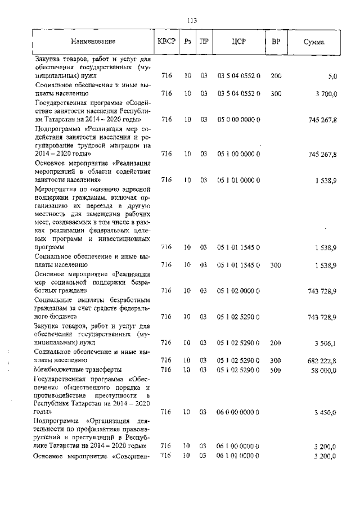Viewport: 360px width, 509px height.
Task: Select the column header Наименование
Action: coord(93,42)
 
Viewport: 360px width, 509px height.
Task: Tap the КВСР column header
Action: coord(166,42)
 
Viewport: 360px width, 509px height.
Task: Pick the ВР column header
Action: coord(276,42)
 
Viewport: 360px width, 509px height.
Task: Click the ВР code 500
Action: coord(276,370)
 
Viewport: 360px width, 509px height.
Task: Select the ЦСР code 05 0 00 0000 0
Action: coord(238,119)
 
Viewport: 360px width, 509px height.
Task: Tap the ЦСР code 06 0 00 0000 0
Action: coord(238,413)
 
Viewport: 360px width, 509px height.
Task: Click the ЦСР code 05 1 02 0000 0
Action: coord(238,291)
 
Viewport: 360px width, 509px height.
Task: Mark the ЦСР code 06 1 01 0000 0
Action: coord(238,455)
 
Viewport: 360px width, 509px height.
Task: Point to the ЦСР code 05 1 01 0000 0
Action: coord(238,180)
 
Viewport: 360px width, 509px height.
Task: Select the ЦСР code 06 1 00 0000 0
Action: coord(238,447)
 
